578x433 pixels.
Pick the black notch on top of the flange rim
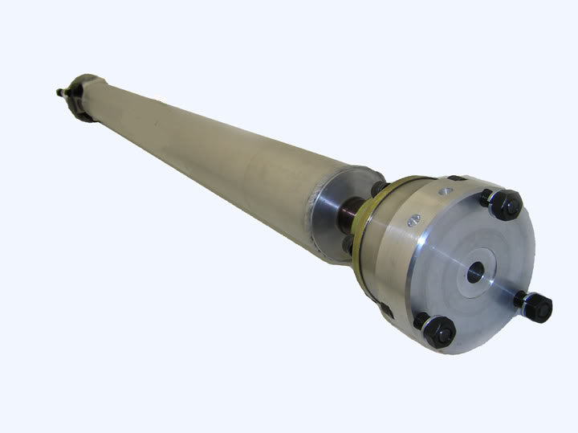click(x=455, y=178)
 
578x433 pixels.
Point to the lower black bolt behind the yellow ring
click(x=347, y=244)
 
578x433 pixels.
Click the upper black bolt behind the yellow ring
click(x=376, y=188)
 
